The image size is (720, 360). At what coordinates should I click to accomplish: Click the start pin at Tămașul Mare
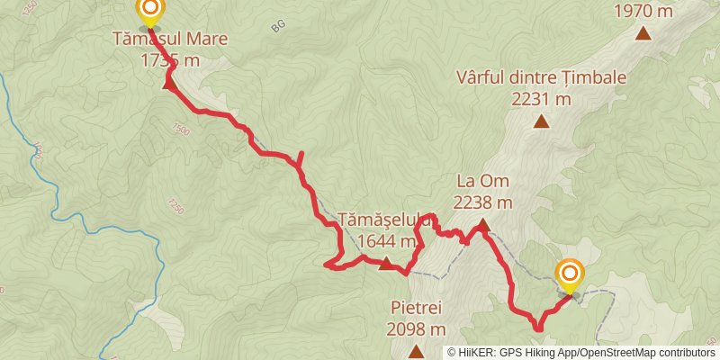tap(149, 12)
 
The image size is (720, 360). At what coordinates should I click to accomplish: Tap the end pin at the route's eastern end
tap(570, 274)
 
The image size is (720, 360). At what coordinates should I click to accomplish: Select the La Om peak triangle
tap(482, 226)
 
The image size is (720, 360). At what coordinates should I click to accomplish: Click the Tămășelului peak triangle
tap(386, 264)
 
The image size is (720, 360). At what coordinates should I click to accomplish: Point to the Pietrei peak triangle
tap(417, 350)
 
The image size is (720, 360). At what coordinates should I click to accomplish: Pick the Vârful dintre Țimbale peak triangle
tap(542, 122)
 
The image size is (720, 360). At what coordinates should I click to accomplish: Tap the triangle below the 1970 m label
tap(643, 34)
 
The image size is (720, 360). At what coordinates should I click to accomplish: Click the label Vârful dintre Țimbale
tap(542, 77)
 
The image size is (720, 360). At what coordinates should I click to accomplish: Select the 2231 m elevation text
tap(542, 99)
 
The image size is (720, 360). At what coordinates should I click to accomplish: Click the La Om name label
tap(482, 182)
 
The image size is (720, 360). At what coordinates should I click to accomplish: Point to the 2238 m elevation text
tap(482, 203)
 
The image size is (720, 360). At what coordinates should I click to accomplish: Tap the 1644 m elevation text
tap(386, 241)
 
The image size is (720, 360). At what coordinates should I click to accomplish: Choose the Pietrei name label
tap(417, 308)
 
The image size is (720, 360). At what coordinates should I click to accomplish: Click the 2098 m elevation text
tap(417, 328)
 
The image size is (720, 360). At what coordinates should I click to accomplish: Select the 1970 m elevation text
tap(643, 11)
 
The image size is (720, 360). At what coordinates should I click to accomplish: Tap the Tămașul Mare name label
tap(170, 40)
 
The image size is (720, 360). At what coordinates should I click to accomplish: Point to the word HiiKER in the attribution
tap(481, 353)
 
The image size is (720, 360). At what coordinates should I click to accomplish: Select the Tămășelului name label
tap(387, 220)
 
